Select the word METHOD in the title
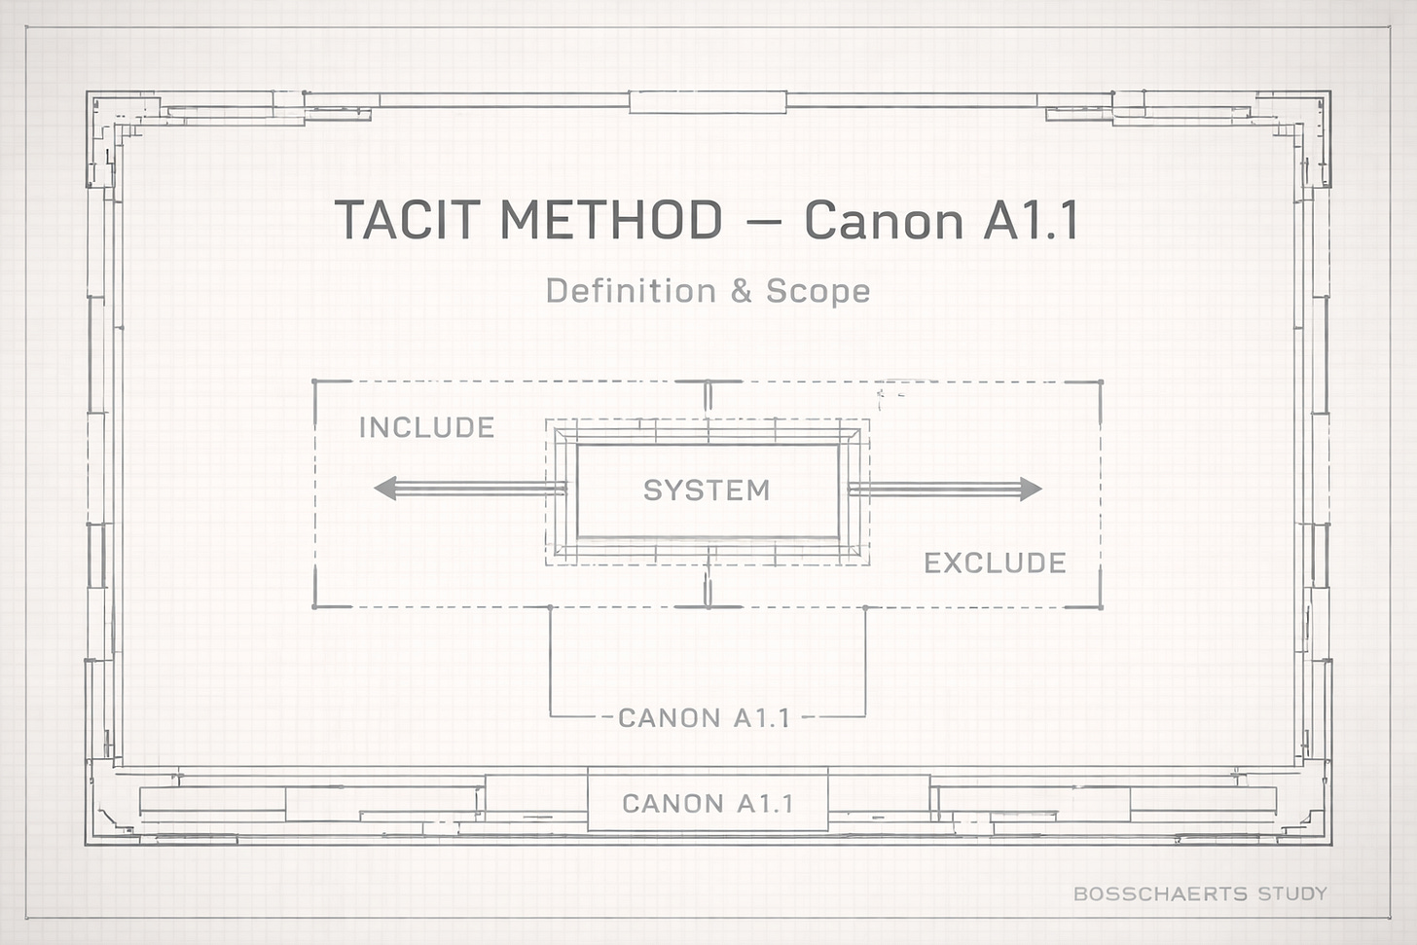pyautogui.click(x=610, y=220)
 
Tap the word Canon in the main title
pyautogui.click(x=884, y=221)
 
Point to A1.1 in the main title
pyautogui.click(x=1031, y=221)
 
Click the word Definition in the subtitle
pyautogui.click(x=631, y=290)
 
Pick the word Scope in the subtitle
pyautogui.click(x=818, y=290)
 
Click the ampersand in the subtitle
pyautogui.click(x=742, y=291)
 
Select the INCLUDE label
pyautogui.click(x=426, y=427)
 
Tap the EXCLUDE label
pyautogui.click(x=995, y=563)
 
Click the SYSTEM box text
pyautogui.click(x=707, y=490)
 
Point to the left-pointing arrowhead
pyautogui.click(x=385, y=488)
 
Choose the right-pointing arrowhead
pyautogui.click(x=1030, y=489)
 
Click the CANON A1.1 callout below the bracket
pyautogui.click(x=704, y=718)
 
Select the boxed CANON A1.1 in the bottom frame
pyautogui.click(x=708, y=803)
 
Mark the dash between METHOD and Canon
pyautogui.click(x=765, y=222)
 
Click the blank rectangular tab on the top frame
pyautogui.click(x=708, y=101)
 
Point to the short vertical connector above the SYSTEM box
pyautogui.click(x=708, y=397)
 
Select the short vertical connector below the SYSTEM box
pyautogui.click(x=708, y=588)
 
